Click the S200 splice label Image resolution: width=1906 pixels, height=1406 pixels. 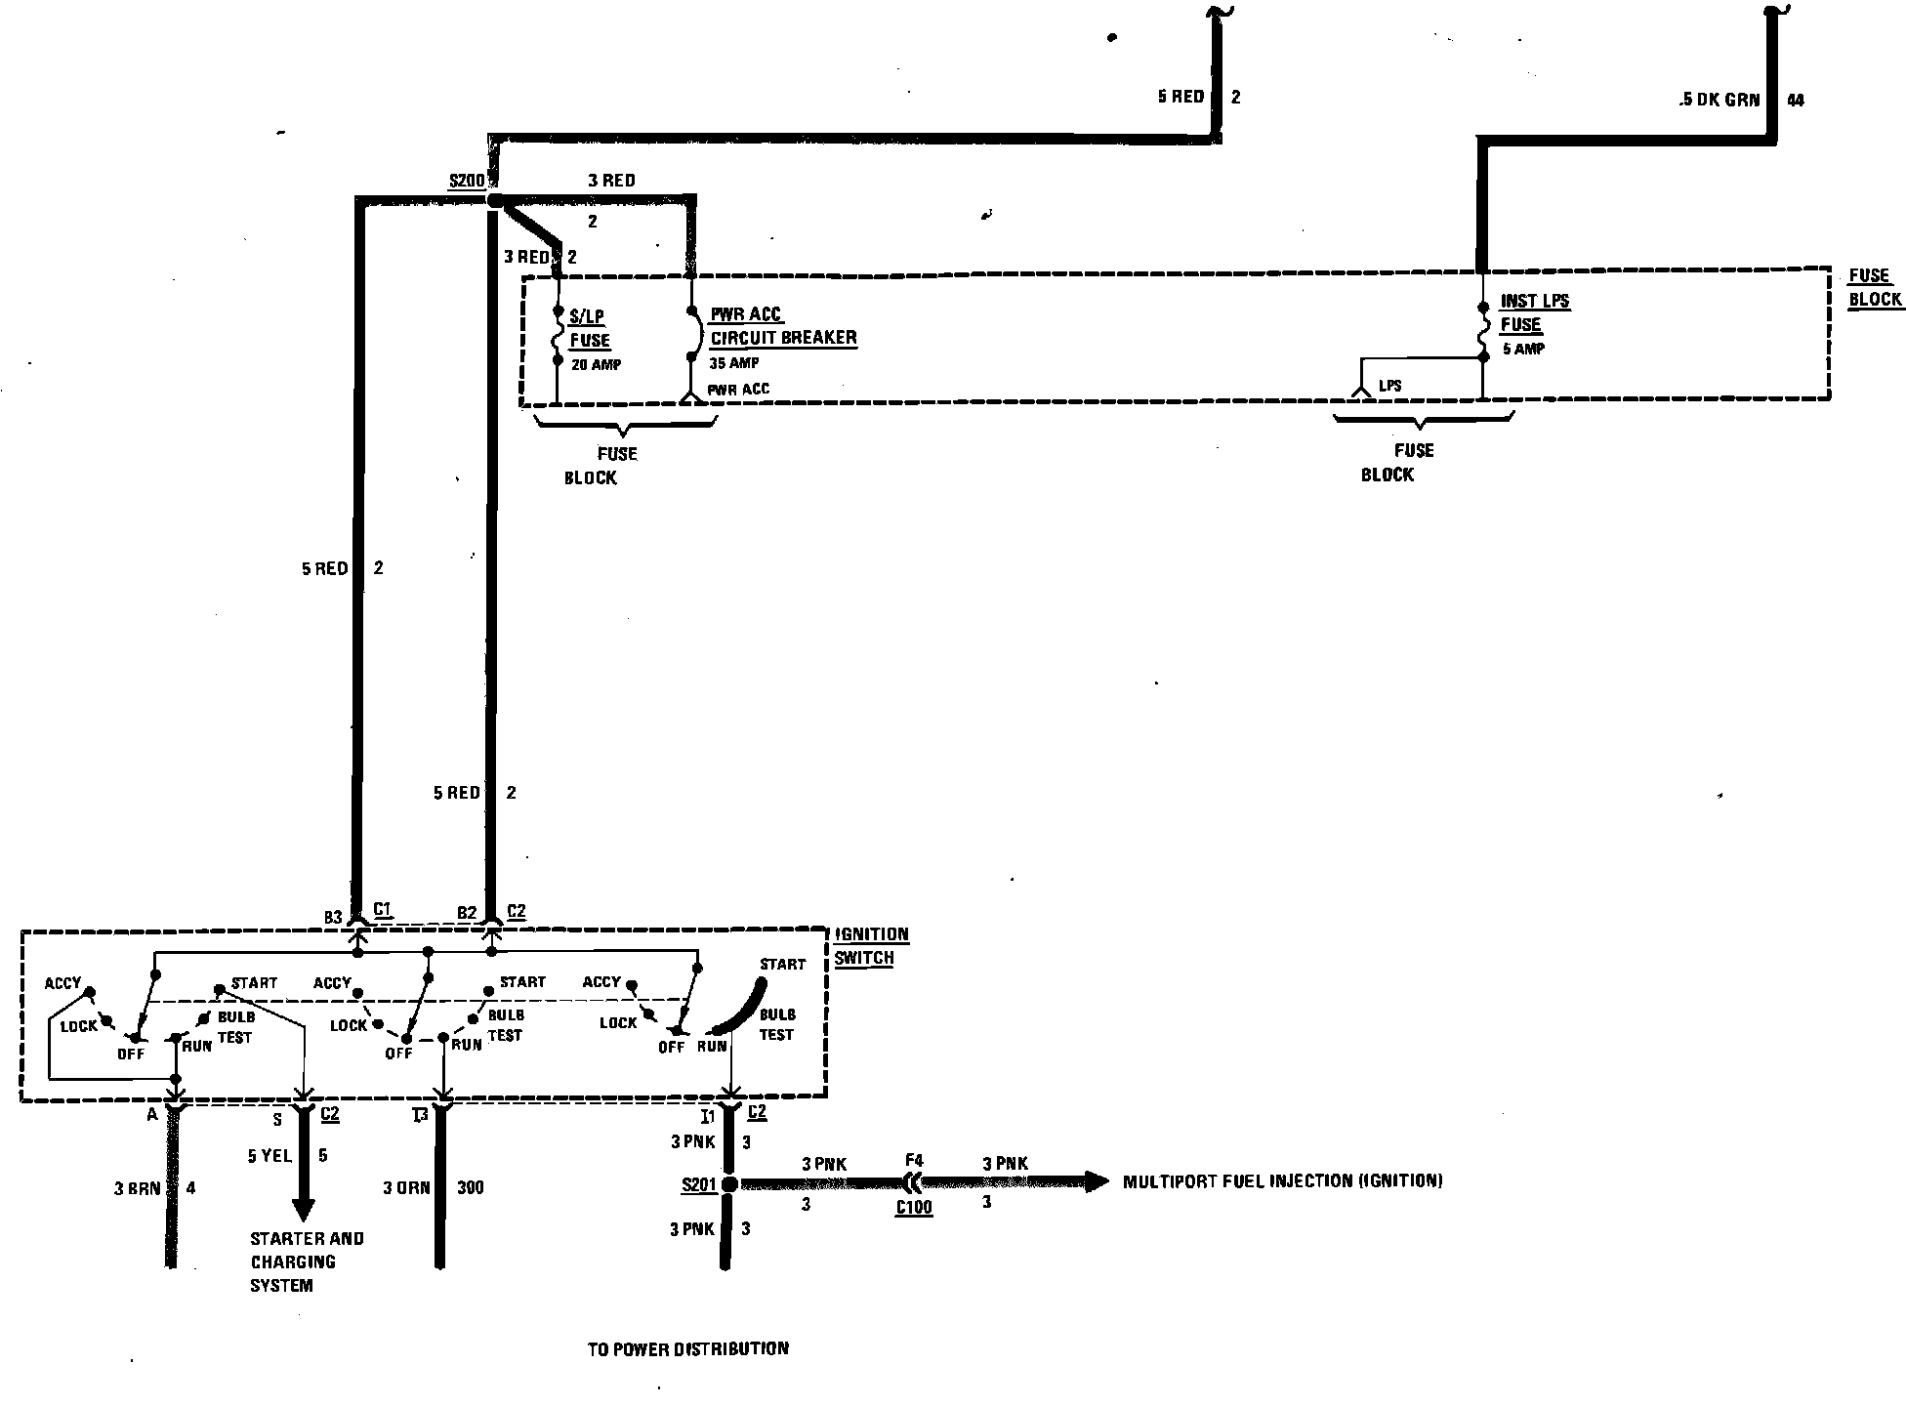[x=466, y=181]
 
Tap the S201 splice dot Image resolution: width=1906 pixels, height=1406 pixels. [x=728, y=1184]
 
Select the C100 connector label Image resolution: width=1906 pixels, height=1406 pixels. [x=914, y=1208]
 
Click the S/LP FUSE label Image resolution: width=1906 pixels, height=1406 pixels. [x=589, y=328]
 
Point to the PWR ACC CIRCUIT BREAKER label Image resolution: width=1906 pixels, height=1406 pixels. [x=783, y=326]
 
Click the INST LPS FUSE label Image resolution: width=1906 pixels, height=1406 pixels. [x=1534, y=312]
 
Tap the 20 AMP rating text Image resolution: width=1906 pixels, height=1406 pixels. [x=595, y=365]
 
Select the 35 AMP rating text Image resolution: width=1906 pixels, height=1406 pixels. [x=733, y=363]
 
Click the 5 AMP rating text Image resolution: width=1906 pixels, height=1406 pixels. [x=1523, y=349]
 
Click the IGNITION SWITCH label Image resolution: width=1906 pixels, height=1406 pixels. [x=871, y=945]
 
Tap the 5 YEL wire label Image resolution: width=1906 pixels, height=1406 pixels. [x=269, y=1156]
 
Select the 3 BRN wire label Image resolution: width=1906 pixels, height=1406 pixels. [x=138, y=1188]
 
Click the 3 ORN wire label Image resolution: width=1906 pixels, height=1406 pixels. [x=406, y=1188]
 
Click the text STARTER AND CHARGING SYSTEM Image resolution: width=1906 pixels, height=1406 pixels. [x=306, y=1261]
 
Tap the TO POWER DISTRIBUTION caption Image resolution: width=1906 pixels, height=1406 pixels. [x=687, y=1349]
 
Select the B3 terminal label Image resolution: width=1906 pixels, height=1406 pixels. [x=333, y=917]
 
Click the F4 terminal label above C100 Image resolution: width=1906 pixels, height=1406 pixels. [x=914, y=1161]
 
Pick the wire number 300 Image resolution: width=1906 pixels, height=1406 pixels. [x=470, y=1188]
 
